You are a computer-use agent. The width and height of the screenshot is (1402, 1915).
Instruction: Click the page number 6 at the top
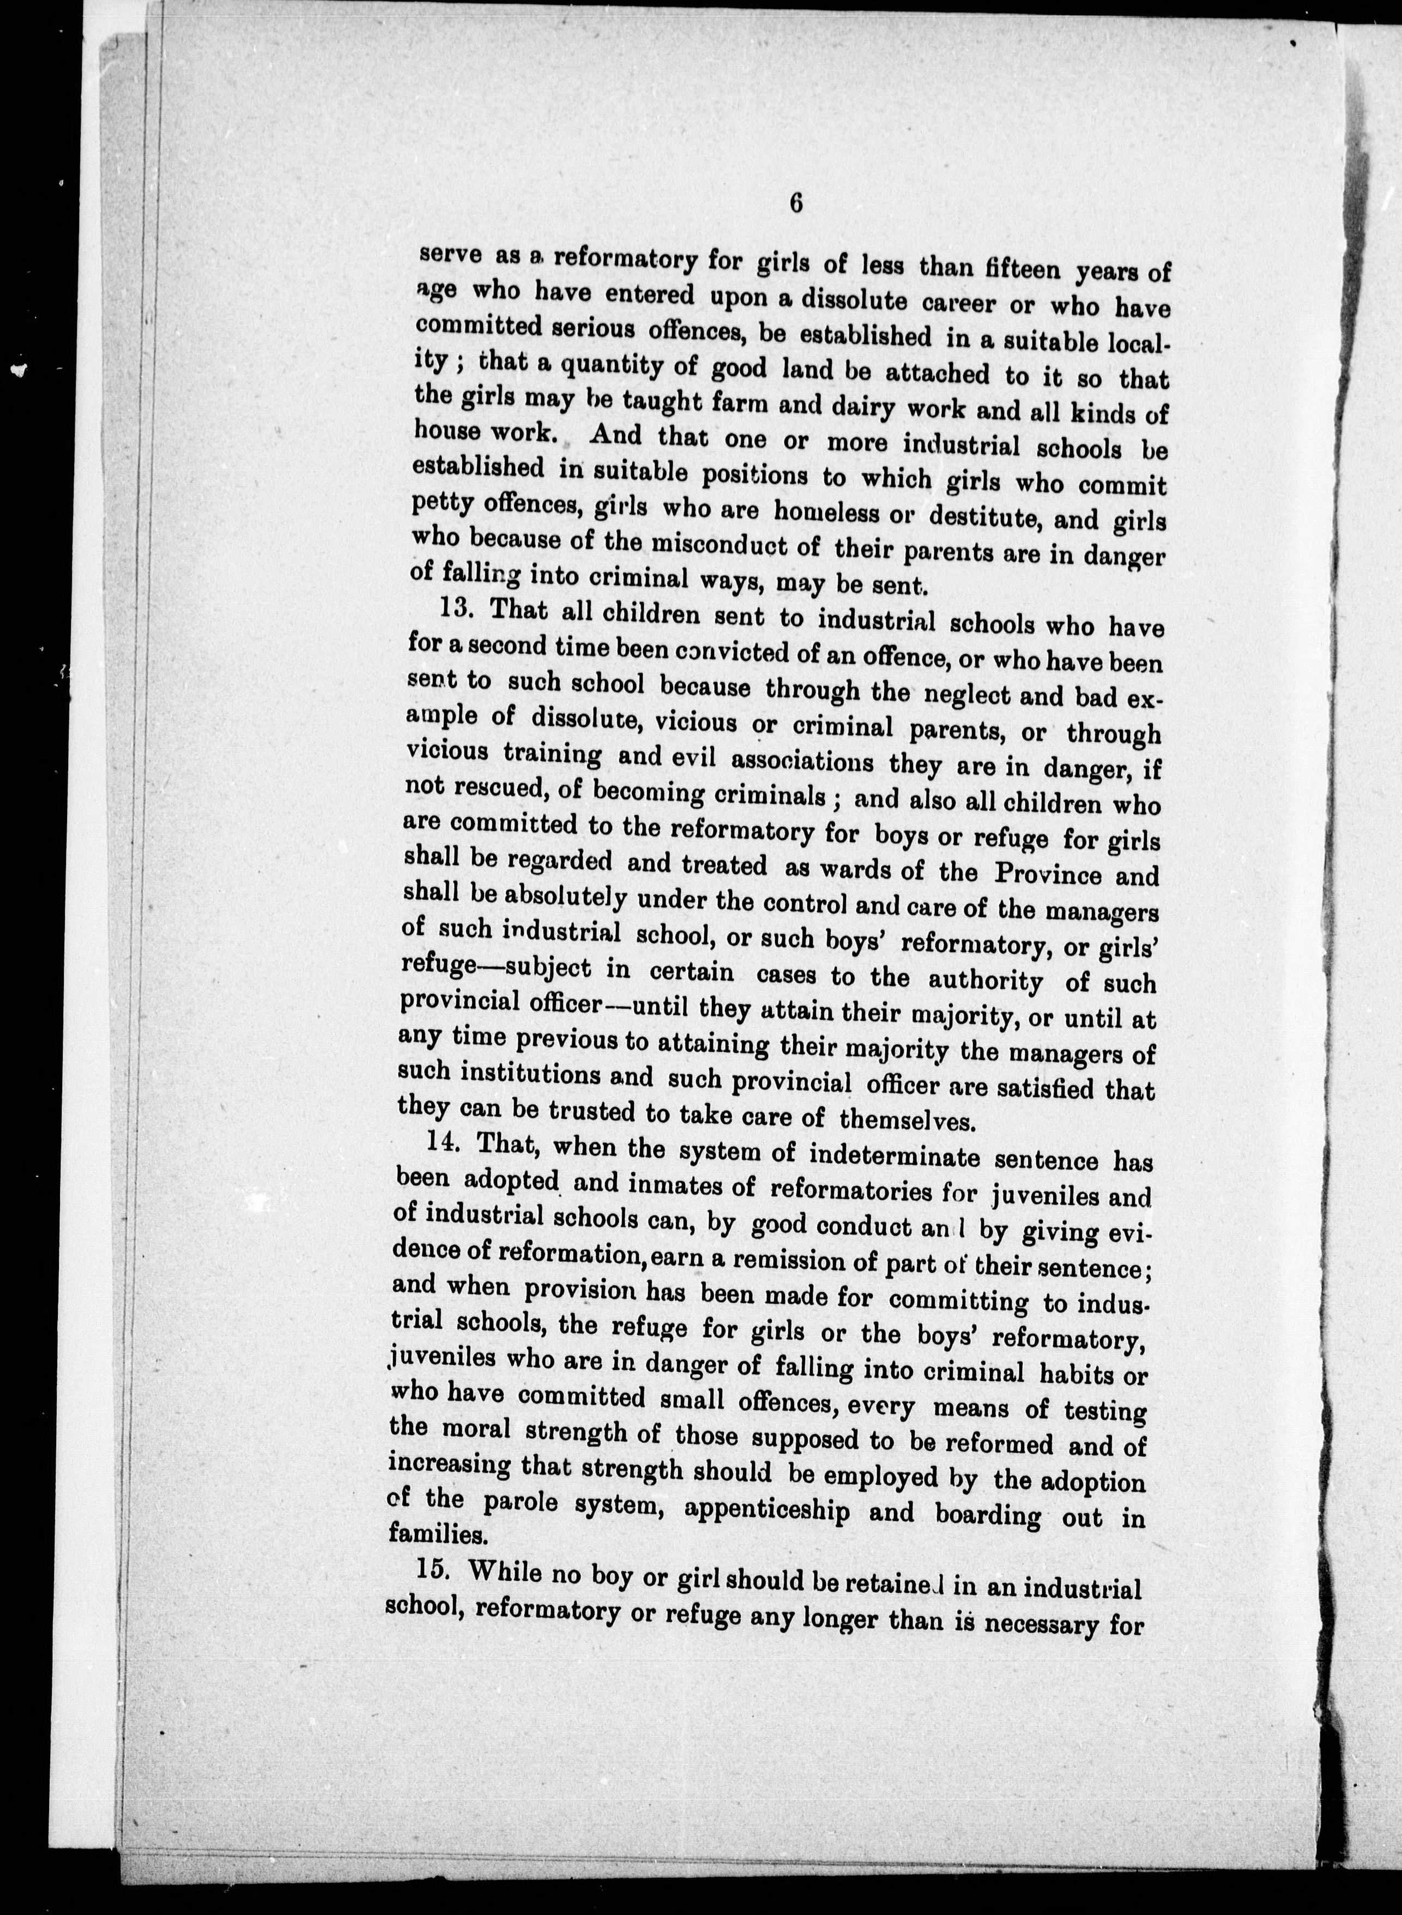pos(795,204)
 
